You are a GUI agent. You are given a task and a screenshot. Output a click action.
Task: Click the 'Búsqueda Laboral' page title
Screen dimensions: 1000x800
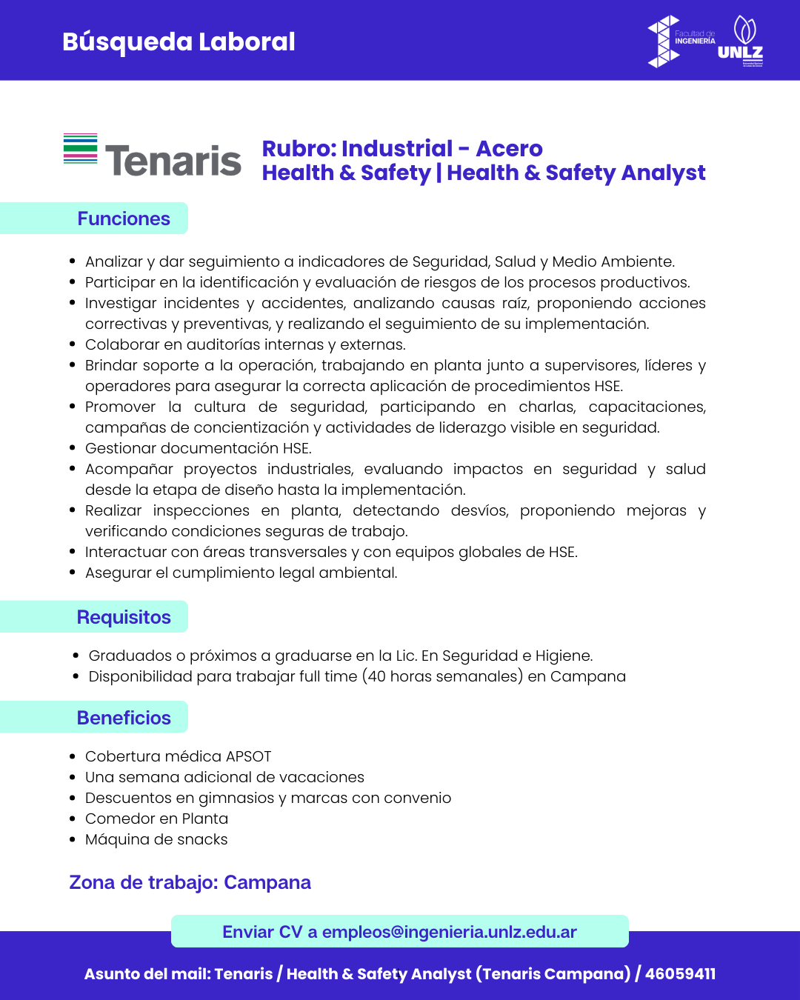[179, 42]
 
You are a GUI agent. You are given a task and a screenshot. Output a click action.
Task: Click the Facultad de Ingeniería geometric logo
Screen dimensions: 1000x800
[664, 41]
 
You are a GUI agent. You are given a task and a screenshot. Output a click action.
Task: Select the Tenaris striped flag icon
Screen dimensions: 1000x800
[80, 149]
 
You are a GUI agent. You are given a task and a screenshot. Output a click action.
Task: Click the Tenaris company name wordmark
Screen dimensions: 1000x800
[173, 161]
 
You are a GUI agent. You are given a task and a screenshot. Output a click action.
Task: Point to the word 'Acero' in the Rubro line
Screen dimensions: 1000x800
[509, 149]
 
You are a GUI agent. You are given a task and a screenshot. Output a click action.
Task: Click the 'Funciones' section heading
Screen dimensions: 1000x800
[124, 219]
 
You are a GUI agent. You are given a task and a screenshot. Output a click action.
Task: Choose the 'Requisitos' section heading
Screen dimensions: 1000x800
[124, 617]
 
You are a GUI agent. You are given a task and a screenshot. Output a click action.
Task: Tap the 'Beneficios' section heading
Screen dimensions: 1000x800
[124, 718]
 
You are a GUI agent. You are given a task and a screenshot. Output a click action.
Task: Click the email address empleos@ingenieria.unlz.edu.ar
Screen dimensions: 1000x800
[449, 932]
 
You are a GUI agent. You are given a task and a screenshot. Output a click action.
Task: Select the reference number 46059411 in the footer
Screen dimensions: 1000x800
[680, 973]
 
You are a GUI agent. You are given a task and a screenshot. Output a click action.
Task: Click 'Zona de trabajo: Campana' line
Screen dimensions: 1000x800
[190, 882]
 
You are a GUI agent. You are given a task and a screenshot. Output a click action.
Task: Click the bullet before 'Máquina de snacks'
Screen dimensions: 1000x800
[73, 840]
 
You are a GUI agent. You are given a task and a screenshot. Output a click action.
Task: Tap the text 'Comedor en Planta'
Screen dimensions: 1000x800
[156, 819]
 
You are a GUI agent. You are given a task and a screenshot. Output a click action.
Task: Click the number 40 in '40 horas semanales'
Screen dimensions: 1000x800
[376, 676]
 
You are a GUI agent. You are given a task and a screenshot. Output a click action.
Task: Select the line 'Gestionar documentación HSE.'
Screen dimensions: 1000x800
[198, 448]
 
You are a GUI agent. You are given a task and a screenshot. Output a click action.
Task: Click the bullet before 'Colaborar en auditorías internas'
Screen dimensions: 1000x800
[73, 344]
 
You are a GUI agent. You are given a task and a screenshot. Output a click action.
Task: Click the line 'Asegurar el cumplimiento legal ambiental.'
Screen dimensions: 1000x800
[241, 573]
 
